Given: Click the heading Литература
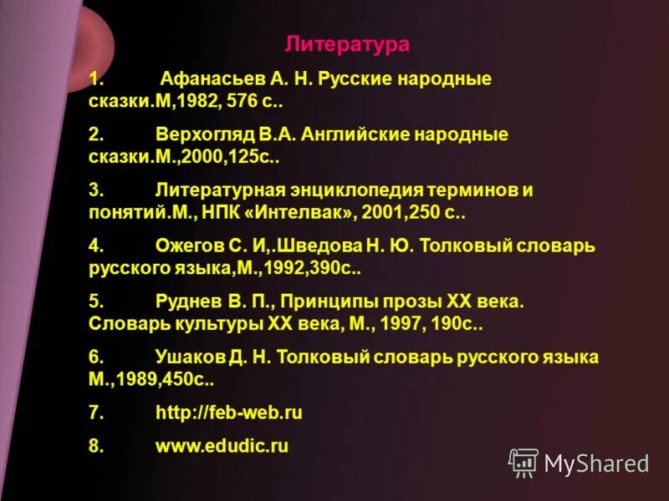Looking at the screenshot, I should pos(348,44).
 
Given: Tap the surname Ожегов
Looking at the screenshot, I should pos(186,246).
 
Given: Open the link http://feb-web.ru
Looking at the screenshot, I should pos(228,412).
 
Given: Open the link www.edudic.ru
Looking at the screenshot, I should pos(222,446).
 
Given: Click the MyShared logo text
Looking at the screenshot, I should pos(596,463).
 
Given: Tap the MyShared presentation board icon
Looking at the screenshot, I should pos(523,462).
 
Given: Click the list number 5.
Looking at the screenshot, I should pos(95,301).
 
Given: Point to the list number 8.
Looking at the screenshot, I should pos(95,446).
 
